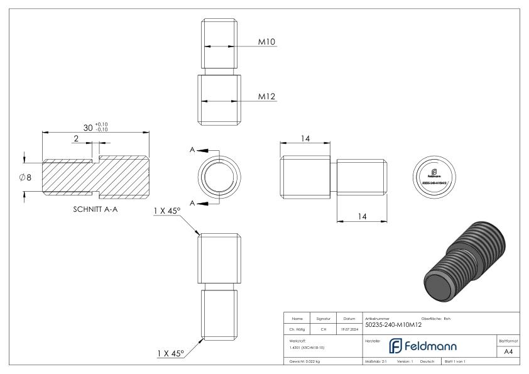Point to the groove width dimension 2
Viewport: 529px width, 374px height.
(x=76, y=138)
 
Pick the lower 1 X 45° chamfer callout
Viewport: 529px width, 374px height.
(x=167, y=353)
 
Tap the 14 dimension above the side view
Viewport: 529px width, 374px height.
(x=305, y=138)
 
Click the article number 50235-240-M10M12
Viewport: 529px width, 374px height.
(x=393, y=325)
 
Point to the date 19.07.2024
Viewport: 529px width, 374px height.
(x=349, y=327)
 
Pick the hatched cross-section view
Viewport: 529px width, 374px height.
(x=95, y=175)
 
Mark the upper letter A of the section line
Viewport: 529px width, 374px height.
(x=193, y=150)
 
